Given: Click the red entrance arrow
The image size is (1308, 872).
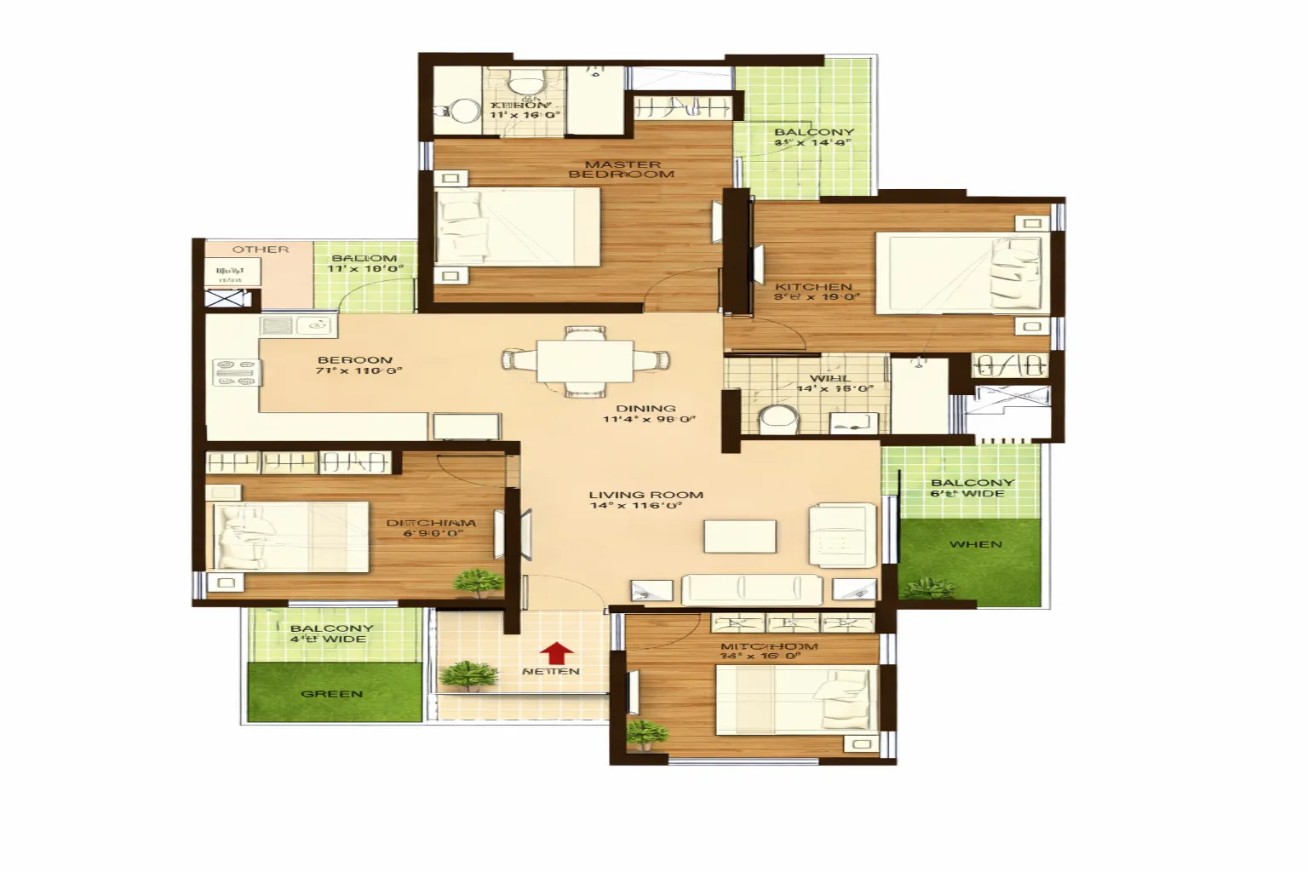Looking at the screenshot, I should (557, 652).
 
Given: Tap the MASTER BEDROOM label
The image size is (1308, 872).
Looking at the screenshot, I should (622, 169).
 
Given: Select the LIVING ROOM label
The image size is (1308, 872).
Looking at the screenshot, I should (646, 495).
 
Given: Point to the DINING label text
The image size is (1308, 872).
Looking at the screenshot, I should (646, 409).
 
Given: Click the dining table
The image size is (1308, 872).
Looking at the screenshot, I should (584, 361).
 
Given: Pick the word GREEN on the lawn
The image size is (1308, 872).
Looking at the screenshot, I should (332, 694).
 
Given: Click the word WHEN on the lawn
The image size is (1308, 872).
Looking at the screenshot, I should (976, 544).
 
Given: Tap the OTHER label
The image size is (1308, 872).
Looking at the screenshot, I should (261, 250).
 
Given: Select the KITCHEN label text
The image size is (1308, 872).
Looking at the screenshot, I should (814, 287).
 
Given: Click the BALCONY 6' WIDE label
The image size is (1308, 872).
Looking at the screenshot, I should (972, 488).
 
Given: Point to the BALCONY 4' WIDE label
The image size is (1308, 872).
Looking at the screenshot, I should (331, 634).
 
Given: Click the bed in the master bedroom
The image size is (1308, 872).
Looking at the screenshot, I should (517, 226).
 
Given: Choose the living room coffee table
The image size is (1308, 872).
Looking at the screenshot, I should (740, 536).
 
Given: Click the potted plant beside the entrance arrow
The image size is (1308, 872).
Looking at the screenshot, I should (468, 675).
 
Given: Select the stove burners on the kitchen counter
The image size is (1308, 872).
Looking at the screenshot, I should (237, 372).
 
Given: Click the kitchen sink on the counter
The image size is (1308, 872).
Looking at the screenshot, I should (298, 325).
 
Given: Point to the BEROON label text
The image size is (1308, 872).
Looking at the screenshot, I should (355, 360).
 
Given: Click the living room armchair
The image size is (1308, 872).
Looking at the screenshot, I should (841, 534).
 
